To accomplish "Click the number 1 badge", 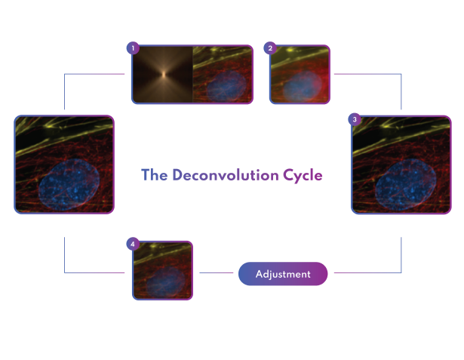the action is [133, 48].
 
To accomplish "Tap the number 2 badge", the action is [270, 48].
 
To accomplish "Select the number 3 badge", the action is [355, 119].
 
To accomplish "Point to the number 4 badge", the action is [133, 244].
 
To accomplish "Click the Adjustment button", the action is [283, 274].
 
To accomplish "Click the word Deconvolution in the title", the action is [226, 175].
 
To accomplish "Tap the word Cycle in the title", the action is [303, 176].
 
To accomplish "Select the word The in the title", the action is [155, 174].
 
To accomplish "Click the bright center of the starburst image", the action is [164, 74].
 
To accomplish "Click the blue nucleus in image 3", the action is [405, 185].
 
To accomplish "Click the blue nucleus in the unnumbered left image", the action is [69, 184].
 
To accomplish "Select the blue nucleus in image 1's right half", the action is [226, 86].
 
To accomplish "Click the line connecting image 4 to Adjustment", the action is [217, 272].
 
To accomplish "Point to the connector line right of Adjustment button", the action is [367, 272].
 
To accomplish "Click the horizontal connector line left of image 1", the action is [94, 74].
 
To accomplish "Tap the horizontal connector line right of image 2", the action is [367, 74].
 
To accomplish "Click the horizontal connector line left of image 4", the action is [94, 272].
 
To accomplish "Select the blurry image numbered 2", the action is [300, 74].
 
